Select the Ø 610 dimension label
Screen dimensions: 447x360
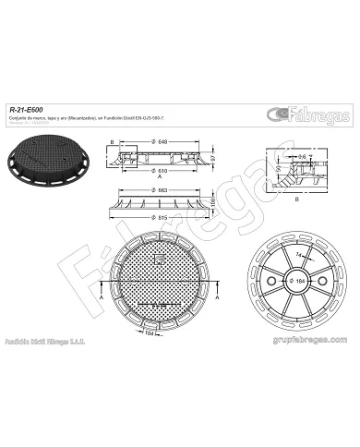pyautogui.click(x=162, y=172)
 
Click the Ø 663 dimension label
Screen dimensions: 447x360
pyautogui.click(x=162, y=190)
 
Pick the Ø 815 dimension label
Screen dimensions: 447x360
pyautogui.click(x=162, y=218)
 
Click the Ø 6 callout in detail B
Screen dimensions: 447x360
pyautogui.click(x=302, y=156)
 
